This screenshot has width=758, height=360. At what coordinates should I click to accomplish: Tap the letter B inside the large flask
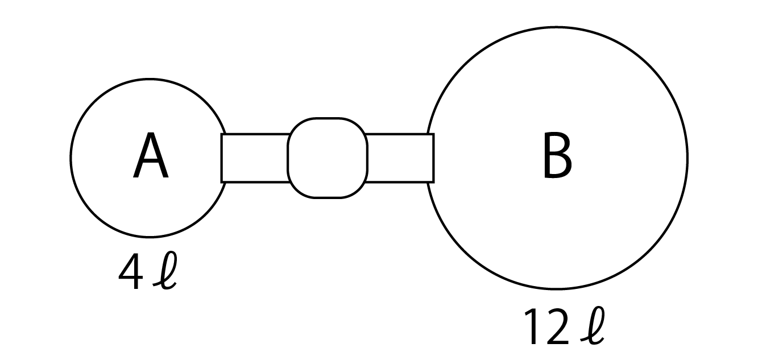(x=557, y=155)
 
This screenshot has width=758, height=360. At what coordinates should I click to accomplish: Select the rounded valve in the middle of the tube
(x=327, y=158)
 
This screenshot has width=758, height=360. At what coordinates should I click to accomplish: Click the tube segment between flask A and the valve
(x=255, y=158)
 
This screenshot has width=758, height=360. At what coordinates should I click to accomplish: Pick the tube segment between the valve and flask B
(x=400, y=158)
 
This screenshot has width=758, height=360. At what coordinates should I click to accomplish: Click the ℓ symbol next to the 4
(x=165, y=270)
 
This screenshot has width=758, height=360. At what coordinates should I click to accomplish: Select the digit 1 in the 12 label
(x=532, y=326)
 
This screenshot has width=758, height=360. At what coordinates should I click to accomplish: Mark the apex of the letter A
(x=151, y=133)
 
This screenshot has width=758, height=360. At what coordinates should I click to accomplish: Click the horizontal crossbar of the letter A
(x=151, y=163)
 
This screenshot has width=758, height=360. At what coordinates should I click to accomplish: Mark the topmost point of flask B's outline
(x=557, y=27)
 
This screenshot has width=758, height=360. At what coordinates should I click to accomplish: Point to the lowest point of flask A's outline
(x=150, y=237)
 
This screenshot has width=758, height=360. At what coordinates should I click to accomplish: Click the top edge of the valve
(x=327, y=118)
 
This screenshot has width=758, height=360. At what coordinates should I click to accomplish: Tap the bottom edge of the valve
(x=327, y=197)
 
